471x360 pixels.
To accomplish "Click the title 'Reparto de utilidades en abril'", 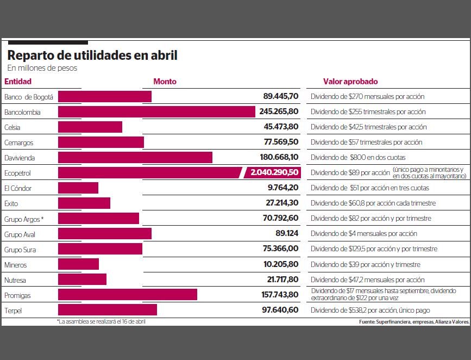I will pyautogui.click(x=92, y=55).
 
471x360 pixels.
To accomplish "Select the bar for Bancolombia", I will pyautogui.click(x=156, y=112).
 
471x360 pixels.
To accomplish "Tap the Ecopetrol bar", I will pyautogui.click(x=149, y=173).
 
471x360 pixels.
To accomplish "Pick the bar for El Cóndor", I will pyautogui.click(x=78, y=188).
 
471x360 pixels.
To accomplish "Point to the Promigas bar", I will pyautogui.click(x=128, y=295).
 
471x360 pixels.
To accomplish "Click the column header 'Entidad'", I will pyautogui.click(x=18, y=82).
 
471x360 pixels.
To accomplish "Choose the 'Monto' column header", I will pyautogui.click(x=165, y=82).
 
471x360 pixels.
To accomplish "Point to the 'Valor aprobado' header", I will pyautogui.click(x=350, y=82).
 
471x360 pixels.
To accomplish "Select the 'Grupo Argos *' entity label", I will pyautogui.click(x=23, y=219).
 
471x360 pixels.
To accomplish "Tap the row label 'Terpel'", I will pyautogui.click(x=13, y=310).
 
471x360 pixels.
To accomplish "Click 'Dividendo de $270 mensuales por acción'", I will pyautogui.click(x=367, y=97).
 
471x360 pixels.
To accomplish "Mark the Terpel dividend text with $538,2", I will pyautogui.click(x=370, y=310).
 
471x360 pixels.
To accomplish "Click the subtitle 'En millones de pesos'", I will pyautogui.click(x=42, y=69).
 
